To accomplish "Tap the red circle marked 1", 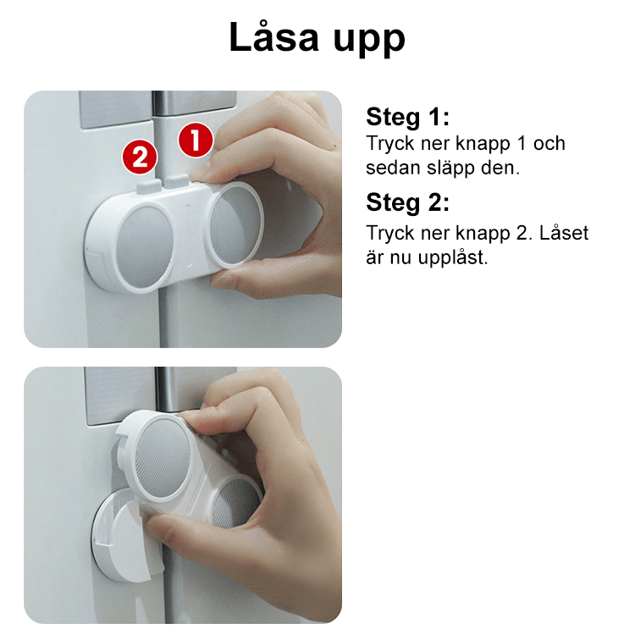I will pyautogui.click(x=195, y=141).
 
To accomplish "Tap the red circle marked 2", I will pyautogui.click(x=139, y=156).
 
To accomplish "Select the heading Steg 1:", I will pyautogui.click(x=407, y=117).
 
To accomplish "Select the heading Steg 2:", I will pyautogui.click(x=407, y=202).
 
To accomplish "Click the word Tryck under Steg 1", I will pyautogui.click(x=391, y=144).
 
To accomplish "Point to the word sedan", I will pyautogui.click(x=392, y=168).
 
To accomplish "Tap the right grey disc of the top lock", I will pyautogui.click(x=233, y=226).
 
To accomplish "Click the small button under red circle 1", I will pyautogui.click(x=178, y=179).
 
